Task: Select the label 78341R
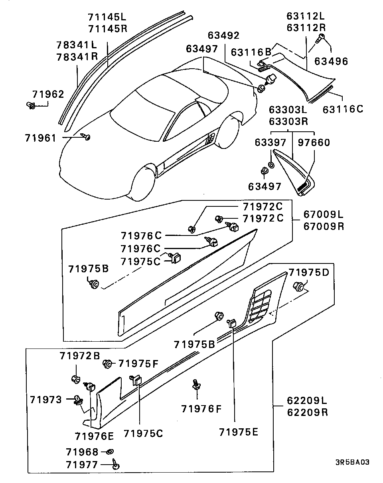coord(77,56)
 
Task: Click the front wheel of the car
coord(142,182)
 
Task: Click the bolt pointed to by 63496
coord(320,39)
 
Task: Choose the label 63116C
coord(343,109)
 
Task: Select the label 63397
coord(270,142)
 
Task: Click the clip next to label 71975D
coord(299,286)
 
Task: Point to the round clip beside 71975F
coord(107,363)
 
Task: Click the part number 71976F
coord(201,409)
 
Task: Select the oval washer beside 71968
coord(109,452)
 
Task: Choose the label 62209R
coord(307,412)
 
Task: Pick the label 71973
coord(46,399)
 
